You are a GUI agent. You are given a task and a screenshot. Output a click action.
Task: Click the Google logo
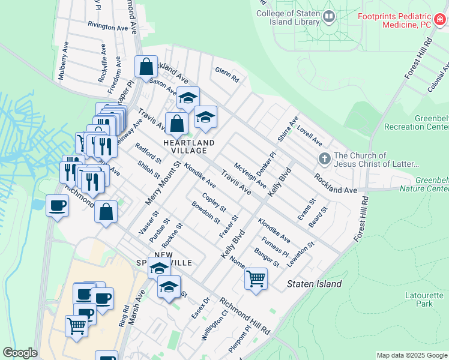(20, 353)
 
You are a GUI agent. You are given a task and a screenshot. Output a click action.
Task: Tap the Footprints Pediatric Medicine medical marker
(440, 19)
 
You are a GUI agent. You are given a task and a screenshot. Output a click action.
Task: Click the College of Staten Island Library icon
(328, 17)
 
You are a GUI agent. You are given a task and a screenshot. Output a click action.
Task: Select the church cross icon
(325, 159)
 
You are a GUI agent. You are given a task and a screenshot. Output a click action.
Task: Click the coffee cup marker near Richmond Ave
(58, 206)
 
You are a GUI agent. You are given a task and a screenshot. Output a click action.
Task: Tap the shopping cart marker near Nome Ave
(256, 278)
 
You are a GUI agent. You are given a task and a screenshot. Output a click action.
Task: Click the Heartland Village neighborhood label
(189, 146)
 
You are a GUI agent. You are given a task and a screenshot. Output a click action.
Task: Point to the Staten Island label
(314, 284)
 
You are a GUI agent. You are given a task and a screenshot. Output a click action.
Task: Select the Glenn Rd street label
(227, 75)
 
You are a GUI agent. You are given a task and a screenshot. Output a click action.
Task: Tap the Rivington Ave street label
(108, 26)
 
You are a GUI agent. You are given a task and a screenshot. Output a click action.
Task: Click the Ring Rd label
(124, 316)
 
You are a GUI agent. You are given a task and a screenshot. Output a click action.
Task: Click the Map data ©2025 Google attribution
(412, 355)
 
